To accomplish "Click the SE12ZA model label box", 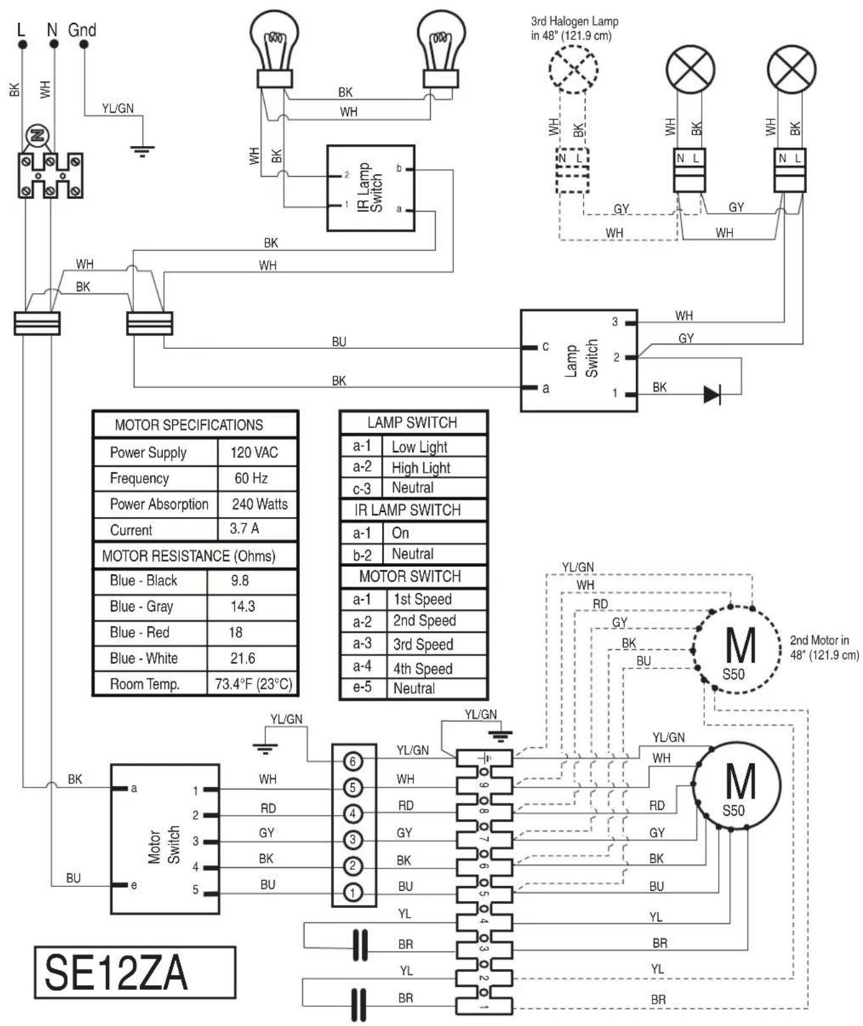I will click(135, 972).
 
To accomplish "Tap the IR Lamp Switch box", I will click(371, 188).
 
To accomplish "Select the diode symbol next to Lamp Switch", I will click(712, 395).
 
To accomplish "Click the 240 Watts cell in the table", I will click(259, 504).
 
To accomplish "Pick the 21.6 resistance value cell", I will click(242, 659).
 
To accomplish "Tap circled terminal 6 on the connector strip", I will click(353, 761).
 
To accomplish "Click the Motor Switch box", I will click(165, 839).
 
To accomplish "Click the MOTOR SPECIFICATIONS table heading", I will click(189, 425).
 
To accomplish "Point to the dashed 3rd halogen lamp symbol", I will click(573, 69).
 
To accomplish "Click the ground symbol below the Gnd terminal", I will click(142, 150).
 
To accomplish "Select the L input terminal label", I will click(21, 30).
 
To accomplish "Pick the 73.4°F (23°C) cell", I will click(253, 684).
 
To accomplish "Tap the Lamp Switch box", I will click(579, 360).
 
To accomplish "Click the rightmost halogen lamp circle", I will click(792, 69).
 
